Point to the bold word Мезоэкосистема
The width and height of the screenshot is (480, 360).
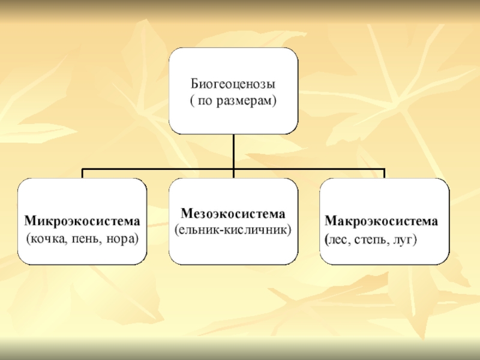coord(233,214)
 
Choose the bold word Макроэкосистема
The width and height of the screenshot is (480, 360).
coord(382,221)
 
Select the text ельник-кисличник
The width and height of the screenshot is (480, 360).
coord(233,230)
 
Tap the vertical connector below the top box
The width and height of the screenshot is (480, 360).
coord(233,151)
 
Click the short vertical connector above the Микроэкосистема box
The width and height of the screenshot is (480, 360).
coord(82,174)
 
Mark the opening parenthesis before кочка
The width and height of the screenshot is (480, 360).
coord(28,238)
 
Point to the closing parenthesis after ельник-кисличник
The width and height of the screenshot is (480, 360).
coord(290,230)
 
